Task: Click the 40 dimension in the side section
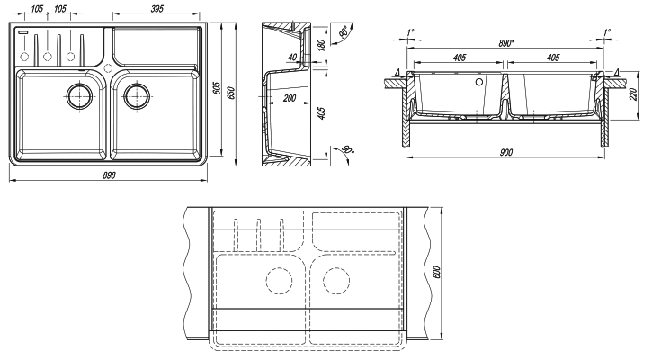click(x=290, y=58)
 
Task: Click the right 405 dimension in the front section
click(x=551, y=58)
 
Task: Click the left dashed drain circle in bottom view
click(x=278, y=282)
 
